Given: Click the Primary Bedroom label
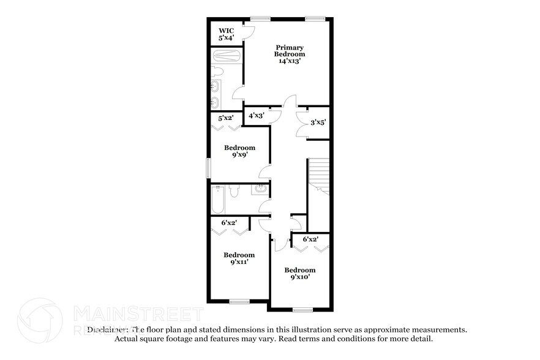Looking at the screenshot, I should tap(289, 54).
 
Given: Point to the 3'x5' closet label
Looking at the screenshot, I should tap(318, 122).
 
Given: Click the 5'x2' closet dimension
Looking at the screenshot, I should tap(226, 117).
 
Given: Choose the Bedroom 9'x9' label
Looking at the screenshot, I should tap(239, 151).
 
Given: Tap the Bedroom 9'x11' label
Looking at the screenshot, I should tap(239, 258).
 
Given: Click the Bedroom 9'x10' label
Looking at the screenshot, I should tap(300, 274).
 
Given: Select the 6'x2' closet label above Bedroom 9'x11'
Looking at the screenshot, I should tap(228, 223).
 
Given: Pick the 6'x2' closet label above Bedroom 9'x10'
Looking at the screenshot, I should tap(311, 239).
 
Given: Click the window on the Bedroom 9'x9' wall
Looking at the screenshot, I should tap(208, 167).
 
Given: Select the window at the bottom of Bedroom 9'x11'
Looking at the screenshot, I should tap(239, 301).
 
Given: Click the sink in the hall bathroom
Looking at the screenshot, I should tap(260, 189).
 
